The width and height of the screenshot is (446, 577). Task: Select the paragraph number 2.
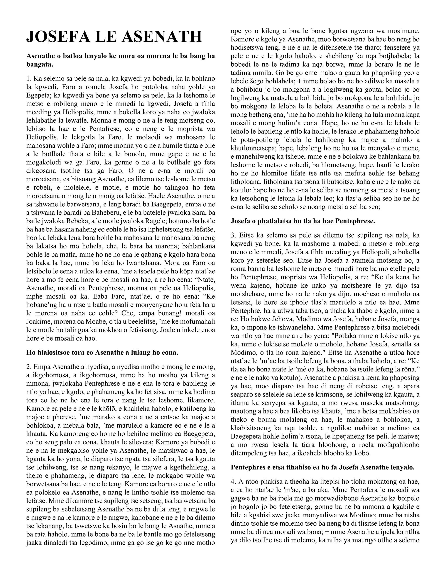coord(29,367)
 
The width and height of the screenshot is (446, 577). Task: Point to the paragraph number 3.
coord(233,235)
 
